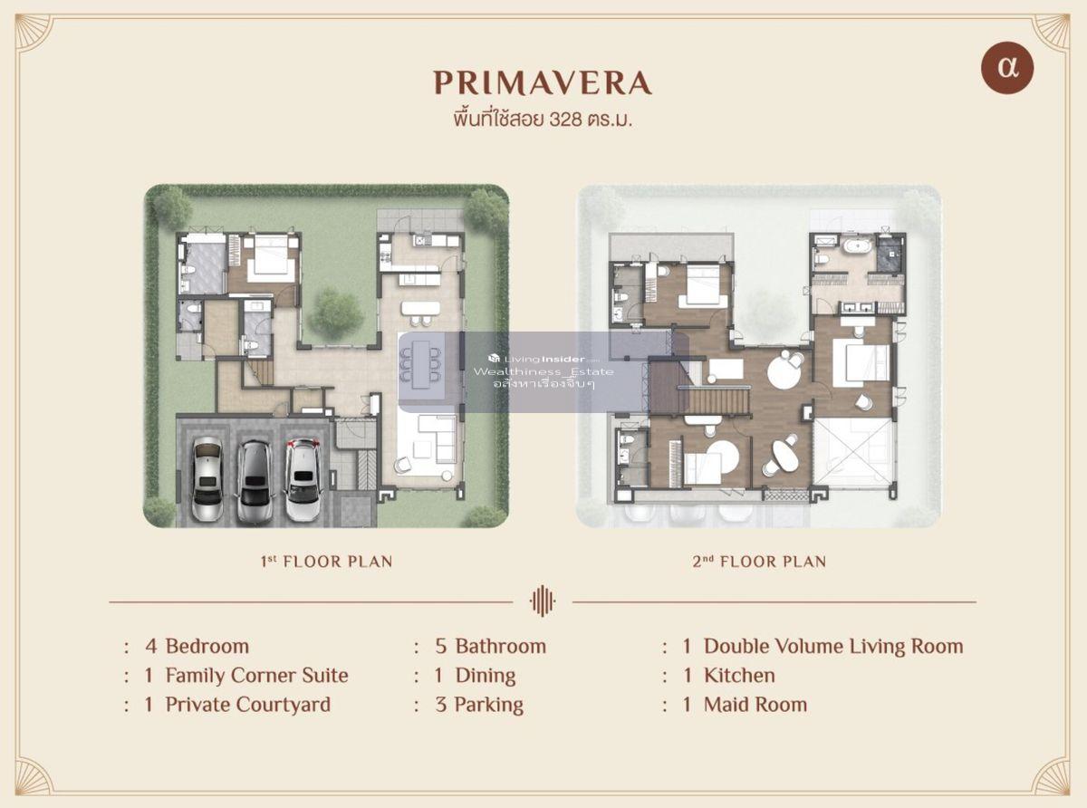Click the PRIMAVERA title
[543, 82]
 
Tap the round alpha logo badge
[1007, 68]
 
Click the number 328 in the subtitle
[566, 120]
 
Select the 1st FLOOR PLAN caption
[326, 562]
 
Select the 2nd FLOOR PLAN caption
[759, 562]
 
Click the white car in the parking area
[303, 479]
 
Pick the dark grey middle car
[255, 483]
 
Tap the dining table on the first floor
[420, 364]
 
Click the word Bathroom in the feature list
[500, 646]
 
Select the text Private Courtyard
[248, 705]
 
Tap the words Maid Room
[755, 705]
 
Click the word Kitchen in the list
[739, 676]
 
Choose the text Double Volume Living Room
[833, 646]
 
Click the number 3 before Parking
[440, 705]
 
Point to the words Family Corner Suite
[256, 676]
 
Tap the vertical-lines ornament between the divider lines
[543, 601]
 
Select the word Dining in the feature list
[486, 676]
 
